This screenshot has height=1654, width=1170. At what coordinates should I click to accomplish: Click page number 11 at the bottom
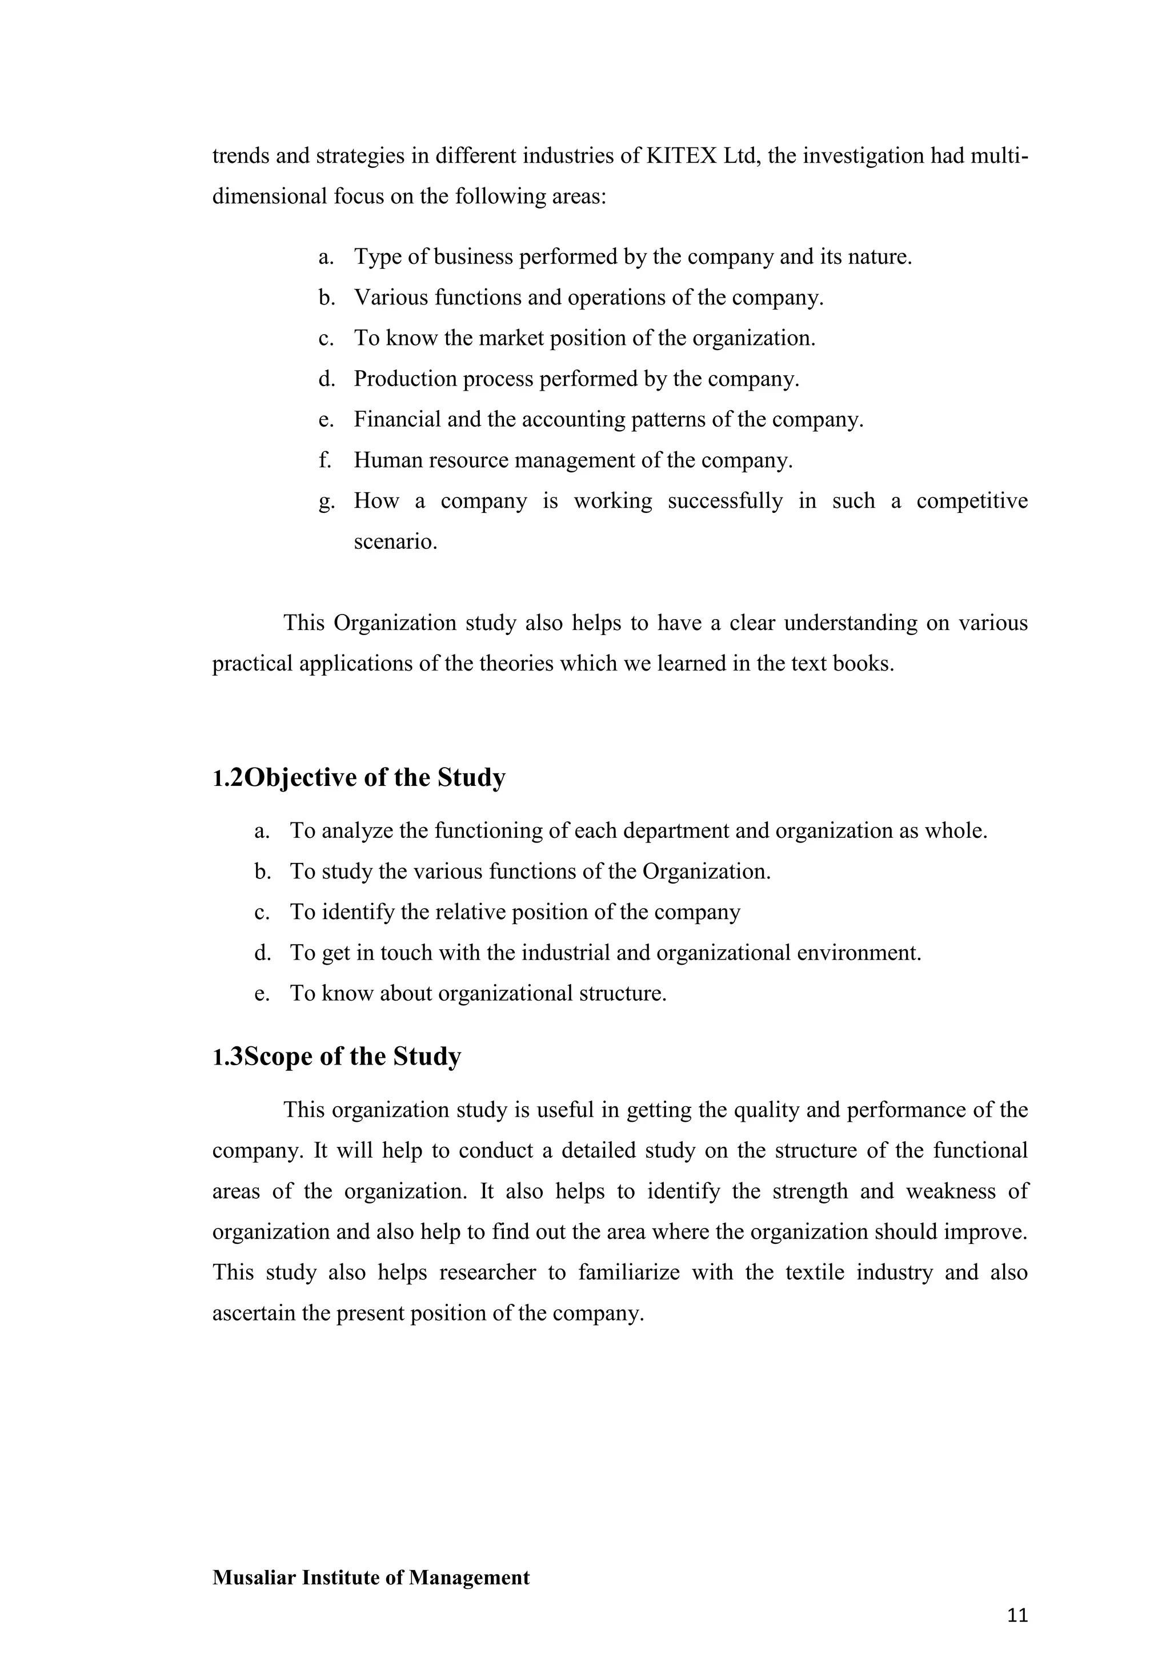[x=1016, y=1616]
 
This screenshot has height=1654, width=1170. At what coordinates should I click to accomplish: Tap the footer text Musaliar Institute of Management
[x=370, y=1577]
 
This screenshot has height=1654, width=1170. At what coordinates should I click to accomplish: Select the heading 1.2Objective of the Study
[x=359, y=777]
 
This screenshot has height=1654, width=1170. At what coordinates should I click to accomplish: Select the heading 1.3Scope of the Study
[x=336, y=1056]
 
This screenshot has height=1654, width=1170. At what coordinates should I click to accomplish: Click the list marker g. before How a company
[x=326, y=501]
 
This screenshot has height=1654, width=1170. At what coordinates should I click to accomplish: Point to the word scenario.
[x=395, y=542]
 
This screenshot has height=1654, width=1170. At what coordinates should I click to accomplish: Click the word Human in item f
[x=387, y=460]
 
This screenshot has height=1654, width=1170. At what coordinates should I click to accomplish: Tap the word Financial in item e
[x=397, y=419]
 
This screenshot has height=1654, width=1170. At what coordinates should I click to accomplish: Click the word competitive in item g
[x=971, y=501]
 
